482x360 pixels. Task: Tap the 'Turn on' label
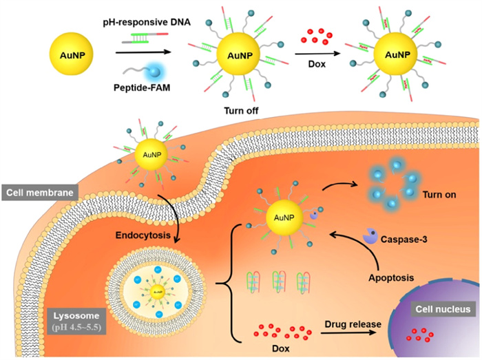(x=441, y=193)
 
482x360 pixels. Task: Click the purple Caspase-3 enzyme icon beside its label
(x=370, y=237)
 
